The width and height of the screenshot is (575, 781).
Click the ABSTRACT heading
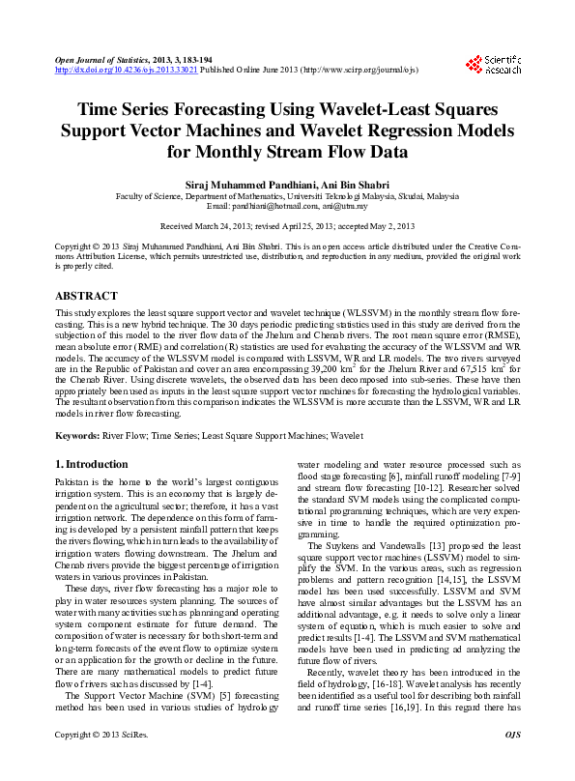pos(87,296)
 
